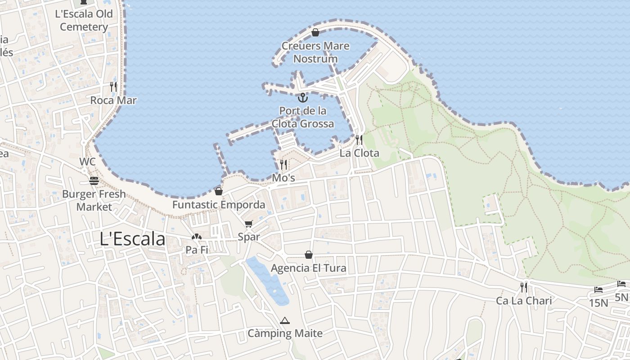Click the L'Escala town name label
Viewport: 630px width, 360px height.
pos(132,239)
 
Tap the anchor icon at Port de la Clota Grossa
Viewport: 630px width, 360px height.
pos(303,97)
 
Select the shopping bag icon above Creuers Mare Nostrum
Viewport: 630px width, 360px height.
pos(315,32)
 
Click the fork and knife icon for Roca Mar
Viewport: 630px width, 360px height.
pos(113,86)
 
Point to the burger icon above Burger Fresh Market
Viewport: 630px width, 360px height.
pos(94,181)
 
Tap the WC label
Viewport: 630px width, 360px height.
pos(87,162)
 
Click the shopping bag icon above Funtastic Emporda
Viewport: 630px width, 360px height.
pos(219,191)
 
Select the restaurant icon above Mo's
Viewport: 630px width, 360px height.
pos(283,164)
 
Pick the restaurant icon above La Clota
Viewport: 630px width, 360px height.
pos(359,139)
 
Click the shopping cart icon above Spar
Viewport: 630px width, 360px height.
pos(249,224)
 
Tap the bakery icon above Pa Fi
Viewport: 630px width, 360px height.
pos(197,237)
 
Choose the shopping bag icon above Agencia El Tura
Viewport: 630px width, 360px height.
pos(309,255)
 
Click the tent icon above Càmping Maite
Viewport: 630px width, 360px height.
pos(284,320)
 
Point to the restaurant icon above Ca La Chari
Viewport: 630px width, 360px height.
pos(524,287)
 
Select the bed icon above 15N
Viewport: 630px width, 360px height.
pos(598,290)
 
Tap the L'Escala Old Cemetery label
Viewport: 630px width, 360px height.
pos(84,20)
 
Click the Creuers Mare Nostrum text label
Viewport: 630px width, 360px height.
pos(315,52)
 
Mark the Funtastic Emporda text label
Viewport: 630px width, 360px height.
pos(219,205)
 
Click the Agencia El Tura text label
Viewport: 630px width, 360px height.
pos(309,269)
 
